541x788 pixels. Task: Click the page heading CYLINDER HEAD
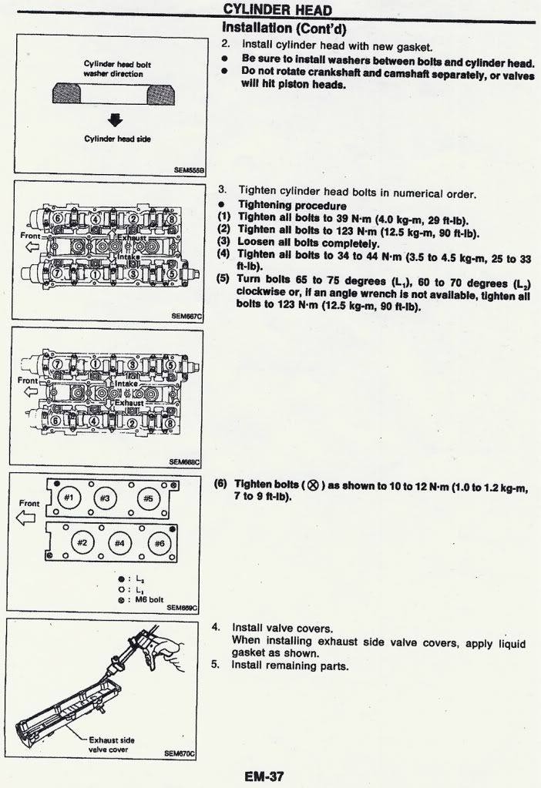pyautogui.click(x=277, y=9)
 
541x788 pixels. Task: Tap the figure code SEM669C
pyautogui.click(x=182, y=607)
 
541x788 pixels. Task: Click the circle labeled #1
pyautogui.click(x=69, y=498)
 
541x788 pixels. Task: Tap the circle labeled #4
pyautogui.click(x=120, y=543)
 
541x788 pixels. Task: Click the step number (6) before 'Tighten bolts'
pyautogui.click(x=220, y=484)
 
